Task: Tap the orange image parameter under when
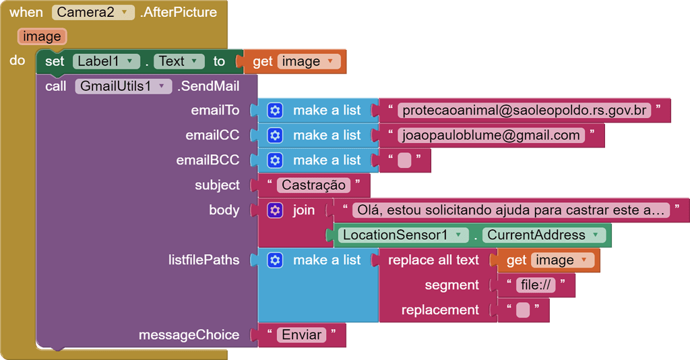pyautogui.click(x=42, y=36)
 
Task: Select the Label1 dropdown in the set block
pyautogui.click(x=105, y=61)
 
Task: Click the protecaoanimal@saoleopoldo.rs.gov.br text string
pyautogui.click(x=524, y=111)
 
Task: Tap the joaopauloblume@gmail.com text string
pyautogui.click(x=491, y=136)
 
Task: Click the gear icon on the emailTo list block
pyautogui.click(x=274, y=111)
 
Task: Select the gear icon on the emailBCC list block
pyautogui.click(x=274, y=160)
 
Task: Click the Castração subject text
pyautogui.click(x=313, y=185)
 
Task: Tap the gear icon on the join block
pyautogui.click(x=274, y=210)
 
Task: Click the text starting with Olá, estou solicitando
pyautogui.click(x=510, y=210)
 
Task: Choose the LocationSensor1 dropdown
pyautogui.click(x=403, y=235)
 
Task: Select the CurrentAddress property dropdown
pyautogui.click(x=543, y=235)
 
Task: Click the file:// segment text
pyautogui.click(x=536, y=285)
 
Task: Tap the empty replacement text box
pyautogui.click(x=523, y=310)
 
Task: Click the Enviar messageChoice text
pyautogui.click(x=301, y=335)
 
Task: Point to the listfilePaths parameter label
pyautogui.click(x=203, y=260)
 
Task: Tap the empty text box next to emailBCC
pyautogui.click(x=404, y=160)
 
